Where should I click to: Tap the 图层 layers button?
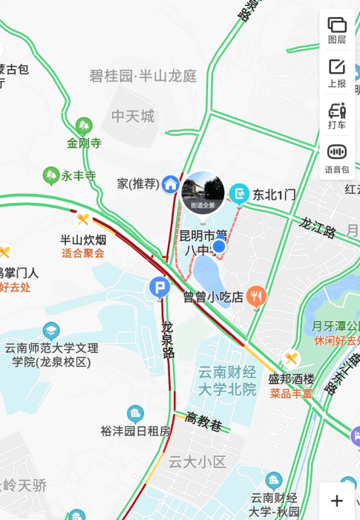[337, 29]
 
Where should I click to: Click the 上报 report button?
[337, 72]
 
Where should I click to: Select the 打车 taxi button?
[337, 115]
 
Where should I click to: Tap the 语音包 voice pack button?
[337, 157]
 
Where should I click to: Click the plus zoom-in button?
[337, 501]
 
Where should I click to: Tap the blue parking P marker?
[159, 287]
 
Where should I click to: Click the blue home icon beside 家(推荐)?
[171, 183]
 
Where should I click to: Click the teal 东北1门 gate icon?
[239, 194]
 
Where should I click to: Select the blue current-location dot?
[219, 246]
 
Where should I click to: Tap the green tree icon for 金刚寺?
[84, 125]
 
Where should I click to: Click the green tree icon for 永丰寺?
[51, 176]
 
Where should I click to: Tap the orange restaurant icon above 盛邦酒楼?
[291, 358]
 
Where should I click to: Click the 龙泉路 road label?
[168, 339]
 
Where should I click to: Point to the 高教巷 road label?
[203, 422]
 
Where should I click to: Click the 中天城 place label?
[133, 116]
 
